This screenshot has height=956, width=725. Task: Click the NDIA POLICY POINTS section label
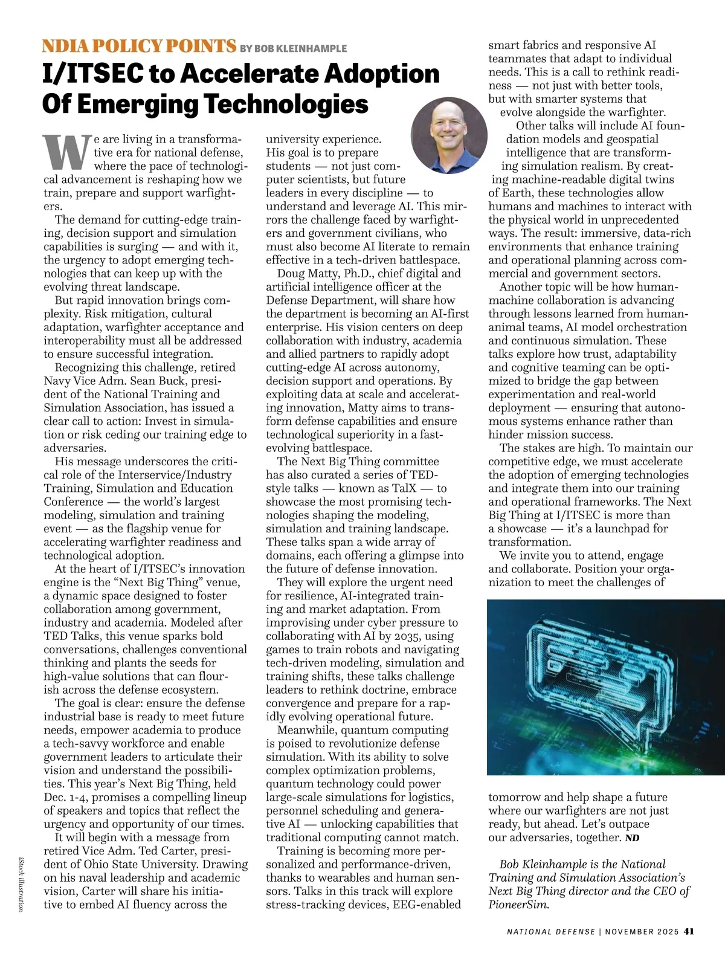tap(138, 46)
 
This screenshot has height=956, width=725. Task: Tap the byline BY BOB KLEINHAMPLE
tap(294, 48)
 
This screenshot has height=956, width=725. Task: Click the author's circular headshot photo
tap(449, 136)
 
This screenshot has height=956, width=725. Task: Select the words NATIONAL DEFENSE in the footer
tap(550, 931)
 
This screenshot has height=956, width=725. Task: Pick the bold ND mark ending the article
tap(632, 838)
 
